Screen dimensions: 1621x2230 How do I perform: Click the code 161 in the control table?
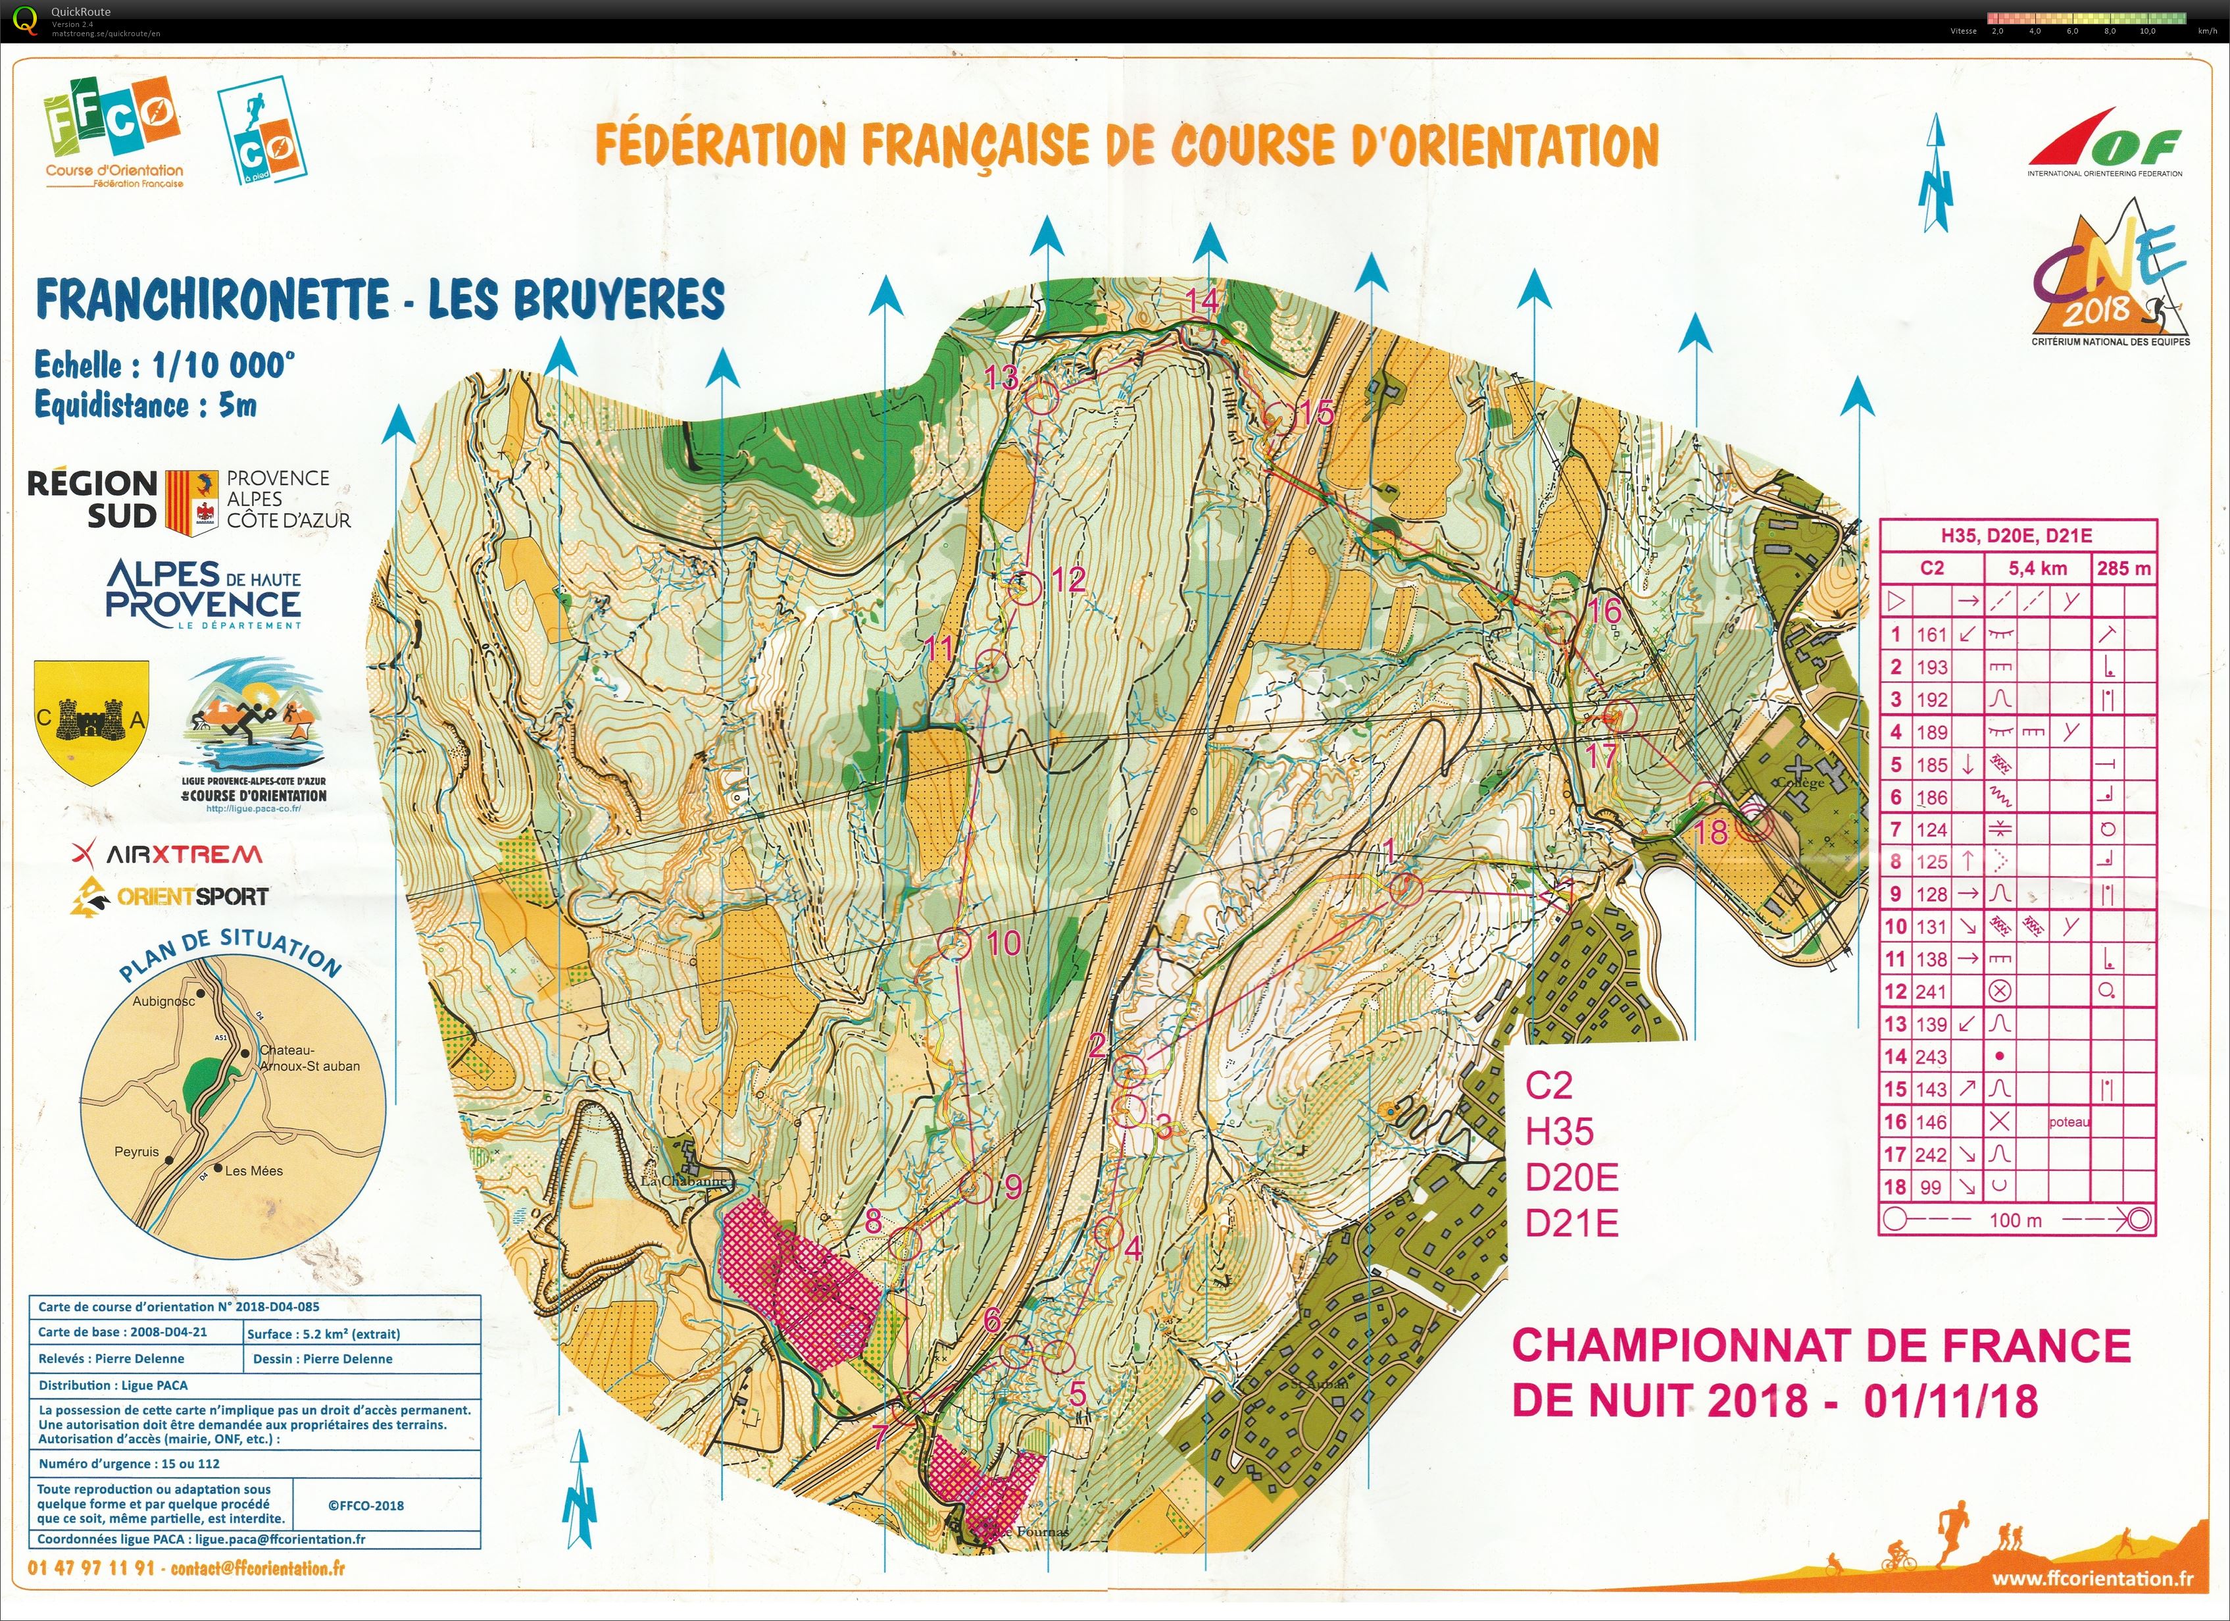tap(1931, 635)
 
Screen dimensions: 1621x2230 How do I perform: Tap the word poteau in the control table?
tap(2069, 1122)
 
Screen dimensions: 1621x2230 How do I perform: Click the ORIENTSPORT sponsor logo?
tap(169, 897)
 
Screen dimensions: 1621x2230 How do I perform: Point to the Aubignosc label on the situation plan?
tap(164, 1001)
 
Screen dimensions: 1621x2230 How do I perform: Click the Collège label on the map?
tap(1799, 783)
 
